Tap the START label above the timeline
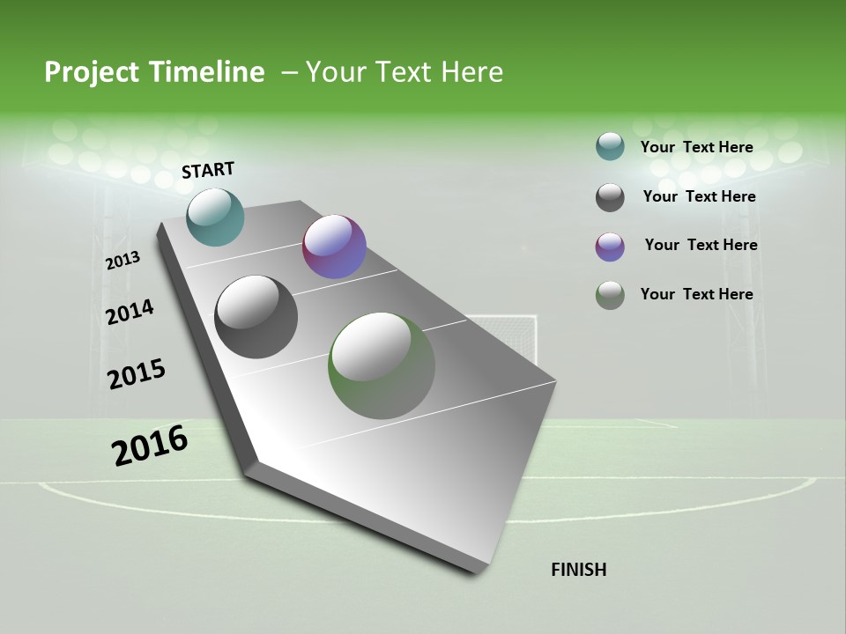208,170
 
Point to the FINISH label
579,570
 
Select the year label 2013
123,260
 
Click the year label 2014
130,312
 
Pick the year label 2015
137,373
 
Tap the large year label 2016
150,445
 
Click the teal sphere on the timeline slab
215,217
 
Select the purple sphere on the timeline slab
334,247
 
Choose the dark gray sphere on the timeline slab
256,317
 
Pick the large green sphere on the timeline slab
382,365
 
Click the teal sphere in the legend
610,147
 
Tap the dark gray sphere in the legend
610,197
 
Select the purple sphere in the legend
610,247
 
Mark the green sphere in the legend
610,295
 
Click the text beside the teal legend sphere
696,147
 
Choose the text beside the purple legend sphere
701,245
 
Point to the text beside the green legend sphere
696,294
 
